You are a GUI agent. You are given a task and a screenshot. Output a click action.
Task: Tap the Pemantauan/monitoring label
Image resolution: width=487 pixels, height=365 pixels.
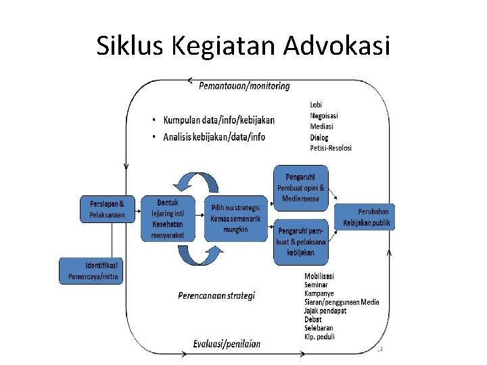[x=244, y=86]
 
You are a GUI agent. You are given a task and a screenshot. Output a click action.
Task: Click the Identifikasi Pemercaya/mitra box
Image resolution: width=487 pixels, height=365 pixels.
[x=91, y=270]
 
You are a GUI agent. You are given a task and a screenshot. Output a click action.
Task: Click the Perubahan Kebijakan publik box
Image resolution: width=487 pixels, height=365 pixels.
[x=366, y=216]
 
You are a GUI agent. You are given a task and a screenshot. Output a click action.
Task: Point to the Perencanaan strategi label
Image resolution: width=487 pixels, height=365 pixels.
[x=216, y=295]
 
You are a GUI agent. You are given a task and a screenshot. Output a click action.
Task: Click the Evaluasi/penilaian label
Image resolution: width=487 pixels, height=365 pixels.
[x=226, y=344]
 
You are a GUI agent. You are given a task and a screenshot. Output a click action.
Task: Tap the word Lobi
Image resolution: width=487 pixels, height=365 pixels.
[x=316, y=105]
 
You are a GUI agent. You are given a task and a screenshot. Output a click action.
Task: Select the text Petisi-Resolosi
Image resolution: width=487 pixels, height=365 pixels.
[x=331, y=148]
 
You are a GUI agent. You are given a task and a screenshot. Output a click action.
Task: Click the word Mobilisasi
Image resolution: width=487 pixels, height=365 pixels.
[x=319, y=276]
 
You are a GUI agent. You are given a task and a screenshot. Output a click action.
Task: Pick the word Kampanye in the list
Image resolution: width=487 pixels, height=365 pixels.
[x=320, y=293]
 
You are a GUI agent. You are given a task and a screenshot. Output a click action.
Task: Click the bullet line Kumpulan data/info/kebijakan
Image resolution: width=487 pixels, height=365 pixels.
[x=218, y=120]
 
